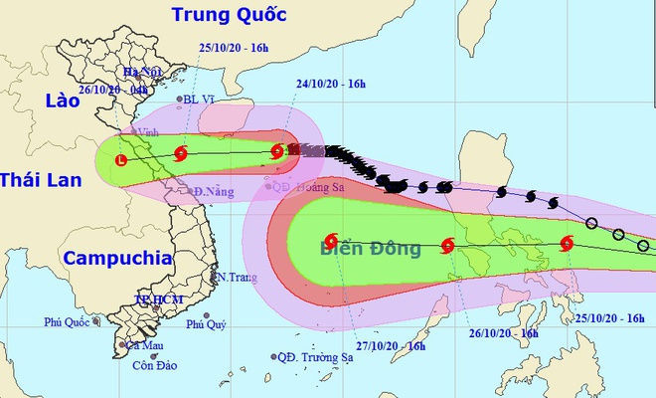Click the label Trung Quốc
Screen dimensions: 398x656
(x=228, y=15)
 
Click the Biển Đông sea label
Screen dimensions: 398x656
(x=372, y=248)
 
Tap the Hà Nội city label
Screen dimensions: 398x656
(x=142, y=73)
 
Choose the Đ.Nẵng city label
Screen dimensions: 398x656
(x=212, y=191)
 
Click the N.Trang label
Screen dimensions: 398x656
(x=236, y=277)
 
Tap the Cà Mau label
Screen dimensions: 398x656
(x=143, y=345)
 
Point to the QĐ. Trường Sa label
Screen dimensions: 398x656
(x=316, y=356)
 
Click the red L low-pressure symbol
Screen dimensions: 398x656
(x=120, y=159)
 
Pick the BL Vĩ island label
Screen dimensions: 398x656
(x=197, y=99)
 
